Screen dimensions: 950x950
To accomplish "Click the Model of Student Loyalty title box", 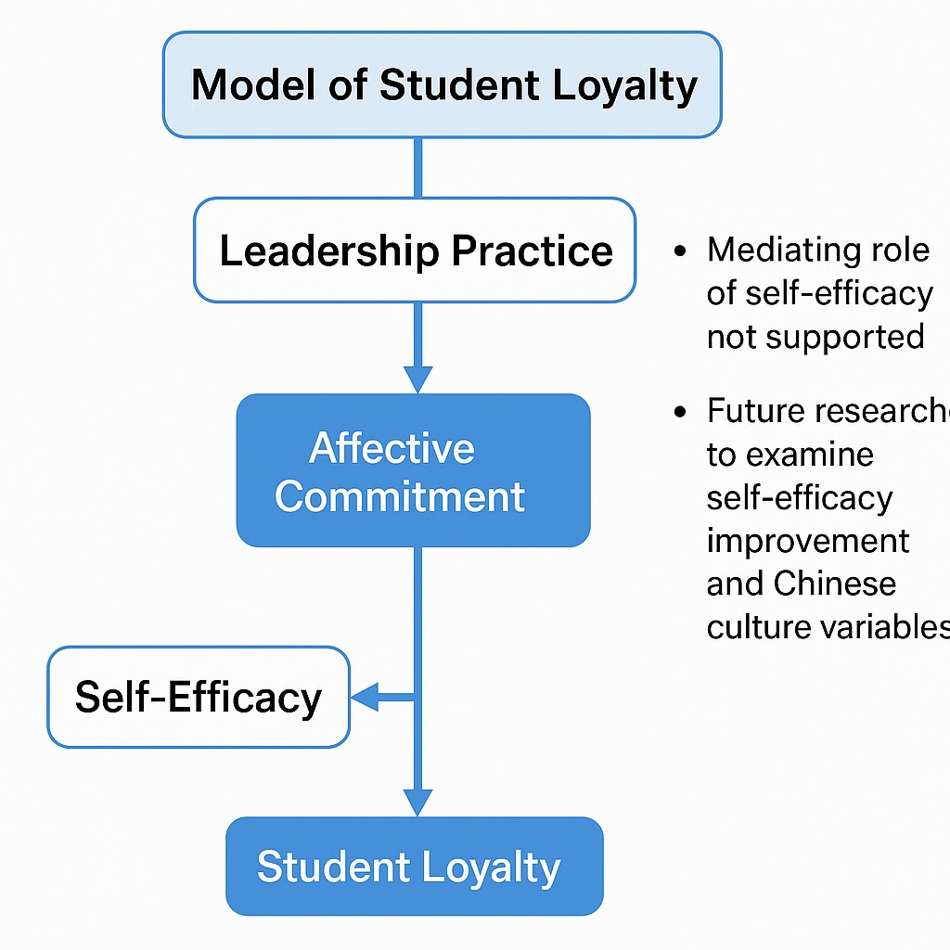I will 442,84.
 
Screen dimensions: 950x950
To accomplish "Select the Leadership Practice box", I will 415,250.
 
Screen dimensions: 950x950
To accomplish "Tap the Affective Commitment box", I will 413,470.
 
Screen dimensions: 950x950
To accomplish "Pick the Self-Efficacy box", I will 199,698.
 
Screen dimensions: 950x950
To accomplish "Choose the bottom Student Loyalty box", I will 414,867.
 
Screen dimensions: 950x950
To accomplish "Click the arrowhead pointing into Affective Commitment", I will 418,379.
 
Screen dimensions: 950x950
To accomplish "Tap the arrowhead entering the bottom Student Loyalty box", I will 418,802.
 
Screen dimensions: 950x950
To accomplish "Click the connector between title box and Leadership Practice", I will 418,167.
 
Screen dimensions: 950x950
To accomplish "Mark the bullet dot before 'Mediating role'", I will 683,251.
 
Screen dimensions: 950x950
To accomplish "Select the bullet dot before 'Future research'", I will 683,411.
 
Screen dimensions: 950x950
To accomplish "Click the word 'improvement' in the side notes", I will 808,541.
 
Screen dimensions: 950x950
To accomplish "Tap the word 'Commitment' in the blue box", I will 400,496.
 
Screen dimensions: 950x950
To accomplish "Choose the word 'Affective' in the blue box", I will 392,449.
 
